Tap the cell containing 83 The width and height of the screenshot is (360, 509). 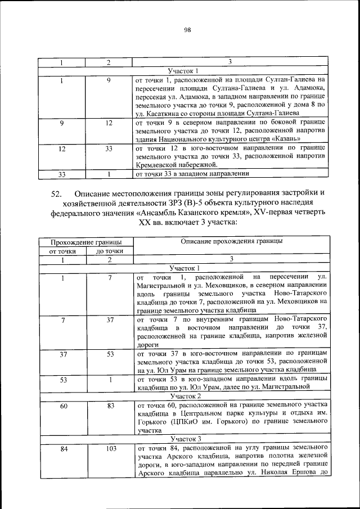[x=109, y=406]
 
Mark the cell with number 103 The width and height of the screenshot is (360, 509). [x=109, y=448]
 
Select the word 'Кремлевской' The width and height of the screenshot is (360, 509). [x=158, y=165]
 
